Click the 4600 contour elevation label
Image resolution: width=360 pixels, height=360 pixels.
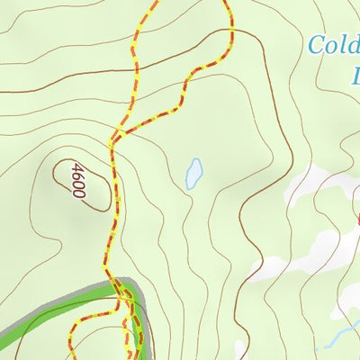tap(76, 180)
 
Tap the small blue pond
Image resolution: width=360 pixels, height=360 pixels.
tap(193, 174)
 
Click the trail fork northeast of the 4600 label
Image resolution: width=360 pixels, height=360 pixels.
tap(115, 140)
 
